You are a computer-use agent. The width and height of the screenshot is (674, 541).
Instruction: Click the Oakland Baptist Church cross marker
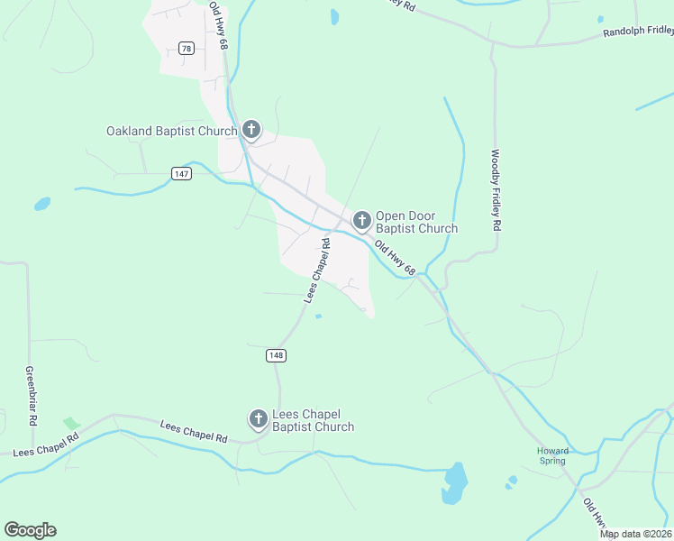pos(251,130)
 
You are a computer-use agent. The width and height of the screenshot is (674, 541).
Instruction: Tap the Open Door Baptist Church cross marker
pos(361,220)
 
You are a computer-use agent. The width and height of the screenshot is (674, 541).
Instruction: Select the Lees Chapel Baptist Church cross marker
pos(259,418)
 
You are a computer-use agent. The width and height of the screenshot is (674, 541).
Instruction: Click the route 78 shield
pos(187,49)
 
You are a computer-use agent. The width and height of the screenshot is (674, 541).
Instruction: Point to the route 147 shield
pos(182,173)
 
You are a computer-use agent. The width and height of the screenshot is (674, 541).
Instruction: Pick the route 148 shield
pos(277,356)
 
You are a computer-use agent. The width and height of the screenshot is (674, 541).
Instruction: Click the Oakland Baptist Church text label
pos(171,131)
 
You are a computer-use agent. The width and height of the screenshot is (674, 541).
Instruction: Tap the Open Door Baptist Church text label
pos(416,222)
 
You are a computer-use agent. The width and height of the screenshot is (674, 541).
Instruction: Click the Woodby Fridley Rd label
pos(496,190)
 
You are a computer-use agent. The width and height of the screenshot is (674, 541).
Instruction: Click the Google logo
pos(30,530)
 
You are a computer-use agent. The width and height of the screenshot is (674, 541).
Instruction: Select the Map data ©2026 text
pos(636,534)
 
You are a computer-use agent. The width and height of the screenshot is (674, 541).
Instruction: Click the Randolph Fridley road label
pos(636,33)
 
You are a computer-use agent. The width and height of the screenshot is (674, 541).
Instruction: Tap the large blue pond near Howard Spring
pos(455,483)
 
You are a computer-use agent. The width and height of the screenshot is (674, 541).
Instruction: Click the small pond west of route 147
pos(42,205)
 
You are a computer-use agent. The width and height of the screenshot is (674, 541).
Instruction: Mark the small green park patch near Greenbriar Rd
pos(71,423)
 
